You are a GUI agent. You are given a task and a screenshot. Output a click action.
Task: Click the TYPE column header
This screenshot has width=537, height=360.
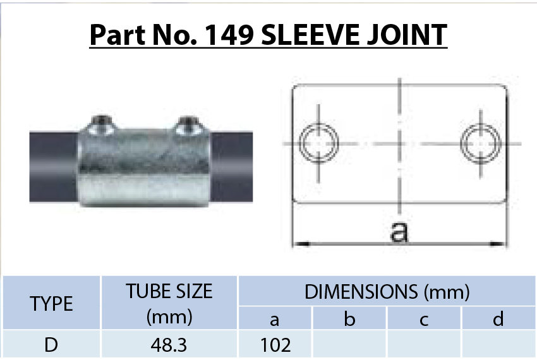52,303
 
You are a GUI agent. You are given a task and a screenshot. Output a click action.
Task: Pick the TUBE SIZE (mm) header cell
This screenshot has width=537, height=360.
169,303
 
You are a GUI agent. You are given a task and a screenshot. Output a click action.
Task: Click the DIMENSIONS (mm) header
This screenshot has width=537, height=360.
387,292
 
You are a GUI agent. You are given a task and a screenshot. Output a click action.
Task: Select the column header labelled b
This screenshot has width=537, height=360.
349,320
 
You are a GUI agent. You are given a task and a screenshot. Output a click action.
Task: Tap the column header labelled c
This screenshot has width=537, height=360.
424,320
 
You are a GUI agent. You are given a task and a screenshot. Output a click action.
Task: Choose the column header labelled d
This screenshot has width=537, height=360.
498,320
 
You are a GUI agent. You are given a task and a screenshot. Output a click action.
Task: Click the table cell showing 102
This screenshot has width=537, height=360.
275,345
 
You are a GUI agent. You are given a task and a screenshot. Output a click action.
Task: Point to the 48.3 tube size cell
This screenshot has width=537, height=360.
169,345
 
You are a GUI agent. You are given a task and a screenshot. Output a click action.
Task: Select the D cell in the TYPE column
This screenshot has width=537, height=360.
52,345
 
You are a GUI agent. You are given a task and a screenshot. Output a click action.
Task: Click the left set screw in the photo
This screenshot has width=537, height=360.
101,123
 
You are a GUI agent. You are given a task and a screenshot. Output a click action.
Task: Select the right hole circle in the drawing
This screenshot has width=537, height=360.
478,142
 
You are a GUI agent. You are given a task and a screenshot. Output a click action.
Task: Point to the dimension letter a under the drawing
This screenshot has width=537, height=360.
399,232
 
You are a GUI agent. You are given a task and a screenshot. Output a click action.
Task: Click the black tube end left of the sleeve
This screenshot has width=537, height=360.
54,167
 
